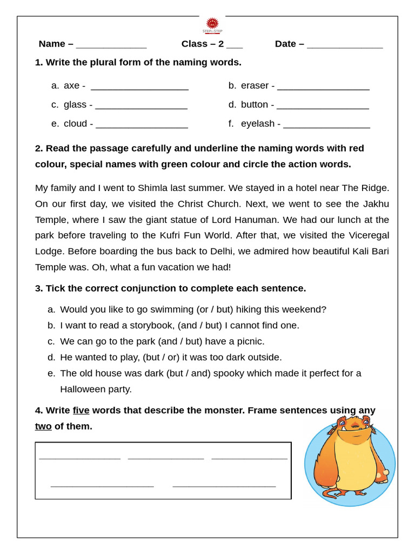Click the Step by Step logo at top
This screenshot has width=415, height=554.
[x=212, y=25]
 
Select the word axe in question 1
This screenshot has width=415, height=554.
[x=71, y=85]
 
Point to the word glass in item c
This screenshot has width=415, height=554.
[x=75, y=104]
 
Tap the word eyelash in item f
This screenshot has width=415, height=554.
[x=258, y=124]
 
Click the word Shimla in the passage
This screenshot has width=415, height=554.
[x=153, y=188]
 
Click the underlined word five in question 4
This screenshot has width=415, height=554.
[x=81, y=410]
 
